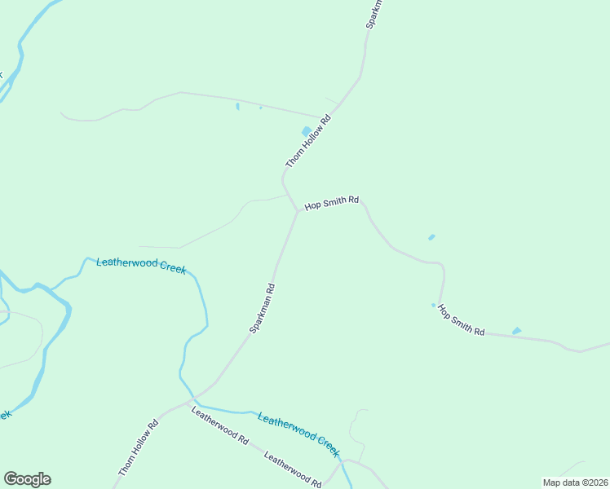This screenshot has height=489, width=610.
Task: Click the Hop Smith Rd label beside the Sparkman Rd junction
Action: coord(332,203)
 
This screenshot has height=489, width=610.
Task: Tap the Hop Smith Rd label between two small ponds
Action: coord(462,320)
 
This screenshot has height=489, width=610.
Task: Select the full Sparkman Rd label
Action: coord(263,307)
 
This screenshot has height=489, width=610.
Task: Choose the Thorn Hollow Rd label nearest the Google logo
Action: coord(138,448)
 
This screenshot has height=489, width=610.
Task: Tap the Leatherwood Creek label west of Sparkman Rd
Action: coord(141,265)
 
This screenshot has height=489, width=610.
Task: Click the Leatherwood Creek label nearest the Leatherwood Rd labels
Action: coord(298,434)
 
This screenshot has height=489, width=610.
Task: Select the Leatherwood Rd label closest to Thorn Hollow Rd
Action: coord(219,425)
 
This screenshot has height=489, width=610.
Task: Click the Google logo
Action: coord(27,479)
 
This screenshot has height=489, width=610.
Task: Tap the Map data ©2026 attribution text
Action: coord(576,482)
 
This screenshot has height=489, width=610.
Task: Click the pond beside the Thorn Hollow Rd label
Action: coord(307,131)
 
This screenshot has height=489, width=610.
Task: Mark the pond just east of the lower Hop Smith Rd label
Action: coord(516,331)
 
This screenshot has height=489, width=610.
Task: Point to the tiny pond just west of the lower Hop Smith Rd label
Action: coord(434,306)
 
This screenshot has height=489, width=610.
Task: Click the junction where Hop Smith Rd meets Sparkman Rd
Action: coord(297,210)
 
